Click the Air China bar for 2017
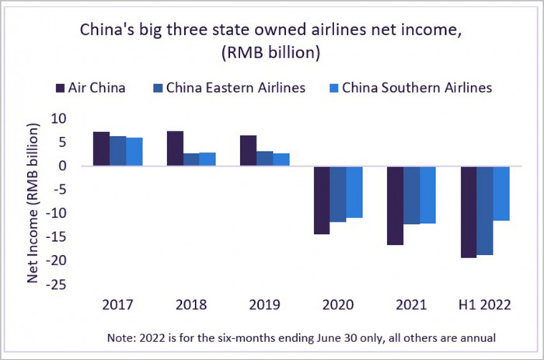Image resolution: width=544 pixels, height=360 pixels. [100, 149]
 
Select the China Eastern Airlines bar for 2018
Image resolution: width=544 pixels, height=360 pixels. [191, 159]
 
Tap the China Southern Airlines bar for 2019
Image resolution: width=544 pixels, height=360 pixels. [281, 159]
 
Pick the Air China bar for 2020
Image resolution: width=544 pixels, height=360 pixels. [321, 200]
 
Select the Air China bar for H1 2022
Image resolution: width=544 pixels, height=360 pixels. [469, 211]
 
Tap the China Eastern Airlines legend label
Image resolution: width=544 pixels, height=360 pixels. [234, 88]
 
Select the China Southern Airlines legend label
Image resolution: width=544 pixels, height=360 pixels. [417, 88]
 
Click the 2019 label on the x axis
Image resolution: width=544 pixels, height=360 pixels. [264, 305]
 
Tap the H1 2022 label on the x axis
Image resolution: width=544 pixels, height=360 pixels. [486, 305]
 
